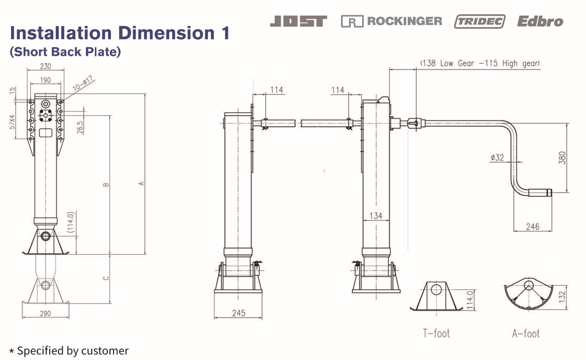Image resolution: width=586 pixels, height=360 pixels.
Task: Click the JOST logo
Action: (x=298, y=21)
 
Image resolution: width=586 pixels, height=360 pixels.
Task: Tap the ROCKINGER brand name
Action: (x=404, y=21)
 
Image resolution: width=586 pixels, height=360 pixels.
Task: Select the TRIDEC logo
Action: (x=480, y=21)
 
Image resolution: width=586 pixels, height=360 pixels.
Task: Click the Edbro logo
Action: (x=540, y=21)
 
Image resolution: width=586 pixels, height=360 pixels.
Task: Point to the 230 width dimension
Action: (x=46, y=66)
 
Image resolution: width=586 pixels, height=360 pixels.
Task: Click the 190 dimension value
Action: (x=46, y=80)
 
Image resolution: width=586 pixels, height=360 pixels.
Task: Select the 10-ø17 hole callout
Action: (x=83, y=83)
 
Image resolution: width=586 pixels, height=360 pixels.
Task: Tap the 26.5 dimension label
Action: (x=80, y=127)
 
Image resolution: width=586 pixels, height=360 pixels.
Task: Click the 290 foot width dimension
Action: (x=45, y=313)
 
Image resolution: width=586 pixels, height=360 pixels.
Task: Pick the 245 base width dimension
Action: (x=239, y=313)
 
